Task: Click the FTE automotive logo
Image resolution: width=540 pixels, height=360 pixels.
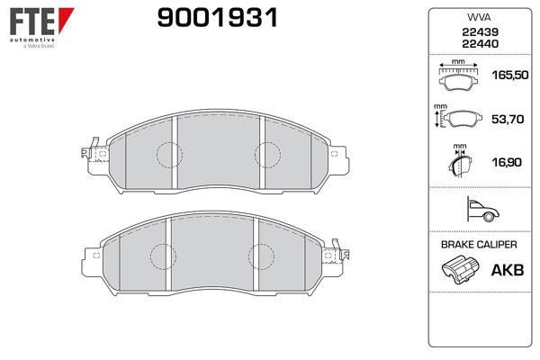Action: pos(41,28)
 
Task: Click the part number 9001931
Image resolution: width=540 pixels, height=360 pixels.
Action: pos(217,18)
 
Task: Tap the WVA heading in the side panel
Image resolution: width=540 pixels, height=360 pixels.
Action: pos(479,17)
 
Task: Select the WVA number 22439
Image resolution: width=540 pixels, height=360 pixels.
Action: pos(480,32)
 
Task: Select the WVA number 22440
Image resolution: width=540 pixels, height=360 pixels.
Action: pos(480,44)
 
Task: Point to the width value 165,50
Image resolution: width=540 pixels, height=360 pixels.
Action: pos(510,75)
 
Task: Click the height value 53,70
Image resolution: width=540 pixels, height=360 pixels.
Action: pos(508,119)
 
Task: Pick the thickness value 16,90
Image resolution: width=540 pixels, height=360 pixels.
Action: pos(507,162)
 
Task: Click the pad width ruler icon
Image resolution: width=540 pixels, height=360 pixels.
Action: pos(458,75)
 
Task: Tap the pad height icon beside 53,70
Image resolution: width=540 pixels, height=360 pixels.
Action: pos(458,116)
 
